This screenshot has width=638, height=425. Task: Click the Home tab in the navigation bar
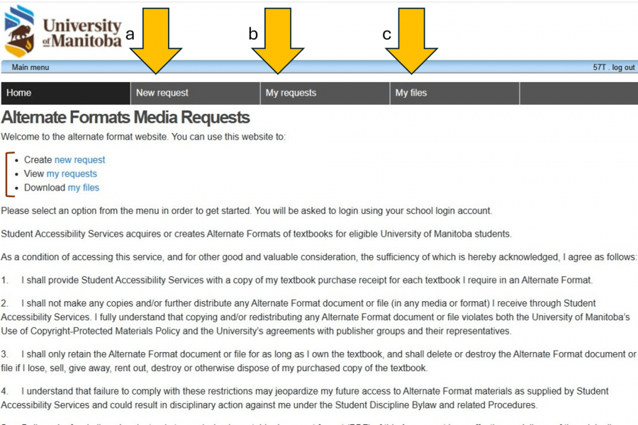[x=19, y=93]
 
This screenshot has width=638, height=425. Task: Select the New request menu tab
[x=162, y=93]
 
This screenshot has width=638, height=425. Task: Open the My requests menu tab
[x=291, y=93]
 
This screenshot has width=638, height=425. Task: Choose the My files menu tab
[x=411, y=93]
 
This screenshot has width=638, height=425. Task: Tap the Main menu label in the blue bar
[x=30, y=67]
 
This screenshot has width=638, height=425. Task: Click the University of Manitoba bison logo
[x=19, y=30]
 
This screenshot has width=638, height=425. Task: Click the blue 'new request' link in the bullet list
[x=79, y=160]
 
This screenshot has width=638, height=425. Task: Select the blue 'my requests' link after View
[x=72, y=174]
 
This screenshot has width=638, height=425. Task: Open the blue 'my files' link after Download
[x=84, y=188]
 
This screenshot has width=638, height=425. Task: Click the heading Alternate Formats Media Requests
[x=125, y=118]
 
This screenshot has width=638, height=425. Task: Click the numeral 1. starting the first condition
[x=5, y=280]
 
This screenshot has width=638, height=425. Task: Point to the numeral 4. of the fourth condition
[x=5, y=391]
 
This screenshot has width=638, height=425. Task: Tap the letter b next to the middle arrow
[x=253, y=33]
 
